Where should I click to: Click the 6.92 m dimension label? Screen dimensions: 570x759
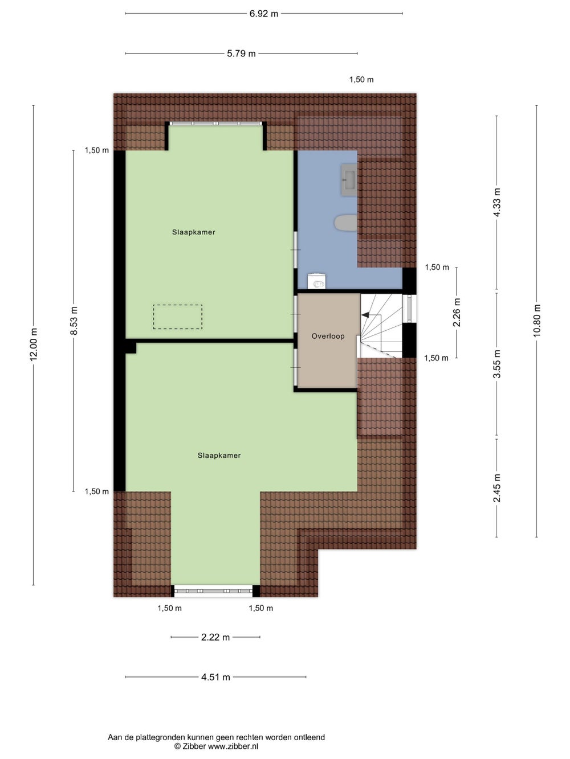(x=264, y=14)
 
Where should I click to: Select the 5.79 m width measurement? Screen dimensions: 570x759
(x=241, y=54)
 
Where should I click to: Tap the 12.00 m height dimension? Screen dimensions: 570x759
(x=34, y=344)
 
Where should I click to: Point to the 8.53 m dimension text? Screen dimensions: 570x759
(x=74, y=321)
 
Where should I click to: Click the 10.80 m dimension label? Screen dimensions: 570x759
(x=537, y=320)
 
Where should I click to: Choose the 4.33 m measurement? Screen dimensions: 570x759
(x=496, y=202)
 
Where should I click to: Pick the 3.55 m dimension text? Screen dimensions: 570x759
(x=496, y=364)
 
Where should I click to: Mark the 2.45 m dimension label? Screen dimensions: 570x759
(x=496, y=488)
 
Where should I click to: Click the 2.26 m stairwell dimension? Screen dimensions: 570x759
(x=457, y=312)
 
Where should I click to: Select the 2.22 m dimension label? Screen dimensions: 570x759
(x=215, y=637)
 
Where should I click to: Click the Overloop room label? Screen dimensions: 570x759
(x=328, y=336)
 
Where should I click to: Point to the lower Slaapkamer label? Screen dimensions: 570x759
(x=219, y=456)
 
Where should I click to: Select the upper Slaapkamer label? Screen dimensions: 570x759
(x=193, y=232)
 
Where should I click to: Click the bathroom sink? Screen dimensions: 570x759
(x=349, y=179)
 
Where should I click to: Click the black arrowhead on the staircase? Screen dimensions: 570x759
(x=365, y=315)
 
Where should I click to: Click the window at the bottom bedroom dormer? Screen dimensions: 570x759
(x=213, y=591)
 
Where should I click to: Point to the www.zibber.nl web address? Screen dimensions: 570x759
(x=233, y=746)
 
